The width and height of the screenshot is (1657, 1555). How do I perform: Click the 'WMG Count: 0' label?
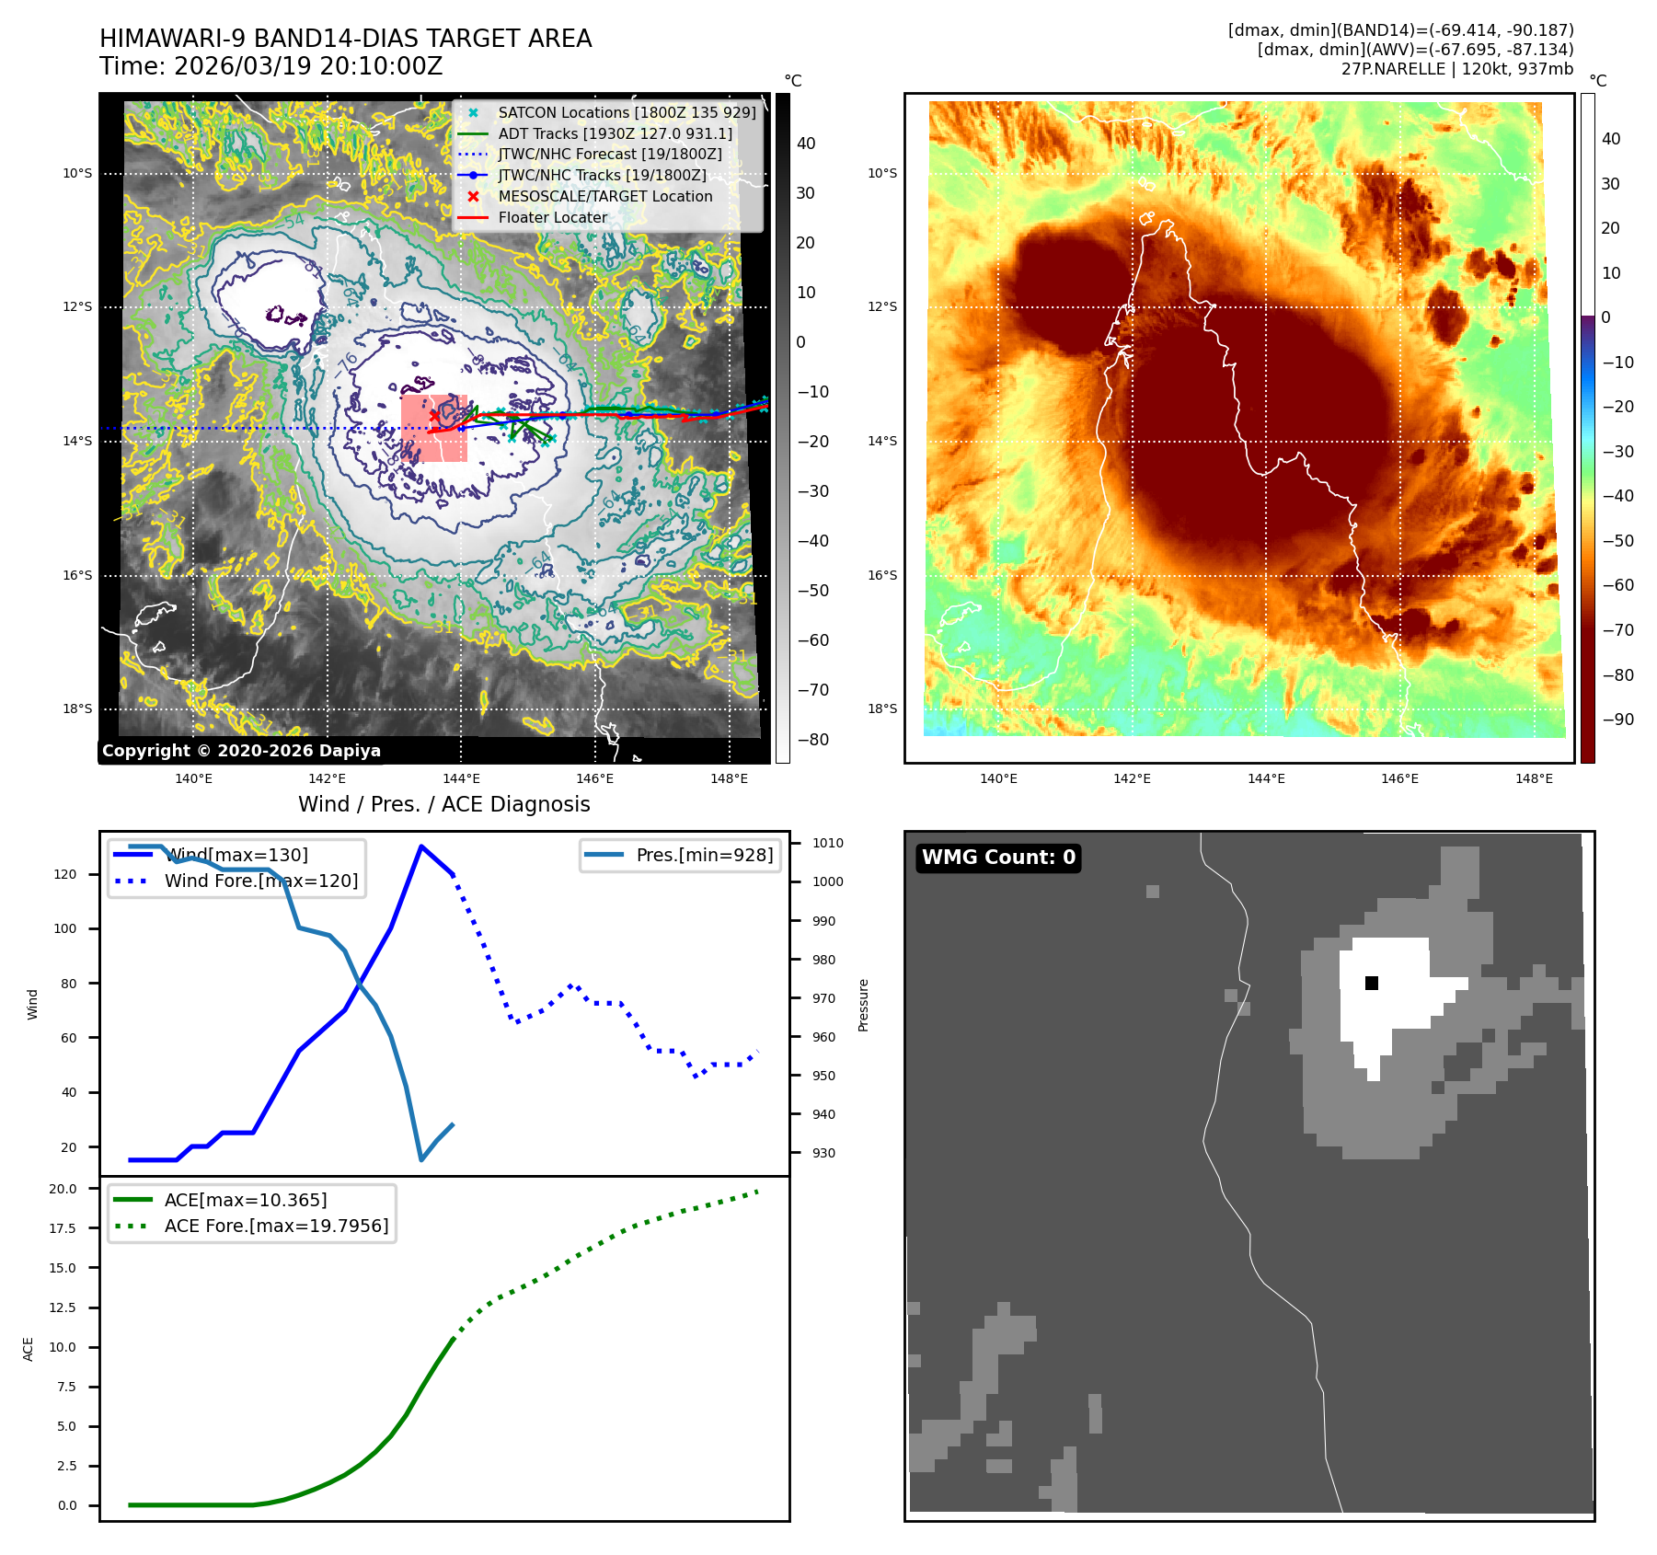(998, 858)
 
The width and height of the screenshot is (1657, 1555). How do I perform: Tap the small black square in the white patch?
(1372, 983)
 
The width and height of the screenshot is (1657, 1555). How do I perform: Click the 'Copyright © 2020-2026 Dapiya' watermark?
(241, 751)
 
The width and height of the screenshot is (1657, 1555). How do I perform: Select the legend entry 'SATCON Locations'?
(627, 112)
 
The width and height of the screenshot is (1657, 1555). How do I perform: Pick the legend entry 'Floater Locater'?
(552, 218)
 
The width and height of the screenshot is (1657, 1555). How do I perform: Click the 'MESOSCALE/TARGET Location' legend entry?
(604, 197)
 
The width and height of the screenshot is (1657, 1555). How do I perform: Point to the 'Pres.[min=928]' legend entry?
(704, 855)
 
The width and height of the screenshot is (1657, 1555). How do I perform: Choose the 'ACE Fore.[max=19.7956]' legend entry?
(276, 1226)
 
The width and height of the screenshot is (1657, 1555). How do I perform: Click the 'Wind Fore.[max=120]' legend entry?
(261, 881)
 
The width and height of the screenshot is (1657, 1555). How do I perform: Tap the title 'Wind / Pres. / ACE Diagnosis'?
(443, 804)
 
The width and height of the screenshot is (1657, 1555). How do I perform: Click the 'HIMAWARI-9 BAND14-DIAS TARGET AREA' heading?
(345, 39)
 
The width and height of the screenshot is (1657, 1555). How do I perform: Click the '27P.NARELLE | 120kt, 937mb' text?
(1457, 69)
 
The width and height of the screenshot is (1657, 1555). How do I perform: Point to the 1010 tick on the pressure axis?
(827, 843)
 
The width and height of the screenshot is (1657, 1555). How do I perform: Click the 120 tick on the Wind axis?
(65, 874)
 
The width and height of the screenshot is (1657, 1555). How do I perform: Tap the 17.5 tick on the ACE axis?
(63, 1228)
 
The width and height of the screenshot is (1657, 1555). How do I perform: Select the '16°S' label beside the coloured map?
(881, 575)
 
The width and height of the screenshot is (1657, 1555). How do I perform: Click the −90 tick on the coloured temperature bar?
(1617, 720)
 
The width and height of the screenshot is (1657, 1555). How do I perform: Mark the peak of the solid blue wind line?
(421, 846)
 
